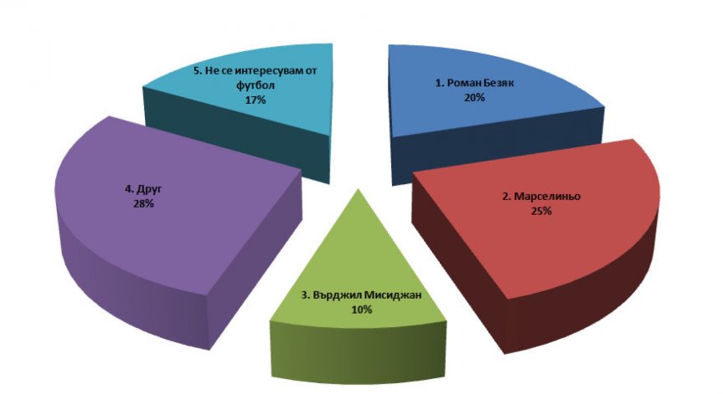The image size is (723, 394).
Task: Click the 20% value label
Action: tap(474, 98)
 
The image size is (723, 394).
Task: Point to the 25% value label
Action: tap(541, 212)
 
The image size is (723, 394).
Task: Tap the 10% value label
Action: tap(362, 310)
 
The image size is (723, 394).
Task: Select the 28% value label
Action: tap(143, 203)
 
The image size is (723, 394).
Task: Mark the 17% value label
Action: tap(256, 100)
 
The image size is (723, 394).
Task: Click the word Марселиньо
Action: tap(547, 197)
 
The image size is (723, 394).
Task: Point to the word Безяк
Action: tap(499, 84)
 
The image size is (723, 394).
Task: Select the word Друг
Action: tap(149, 189)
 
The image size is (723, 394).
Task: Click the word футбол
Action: tap(255, 85)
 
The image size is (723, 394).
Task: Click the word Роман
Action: tap(464, 84)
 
